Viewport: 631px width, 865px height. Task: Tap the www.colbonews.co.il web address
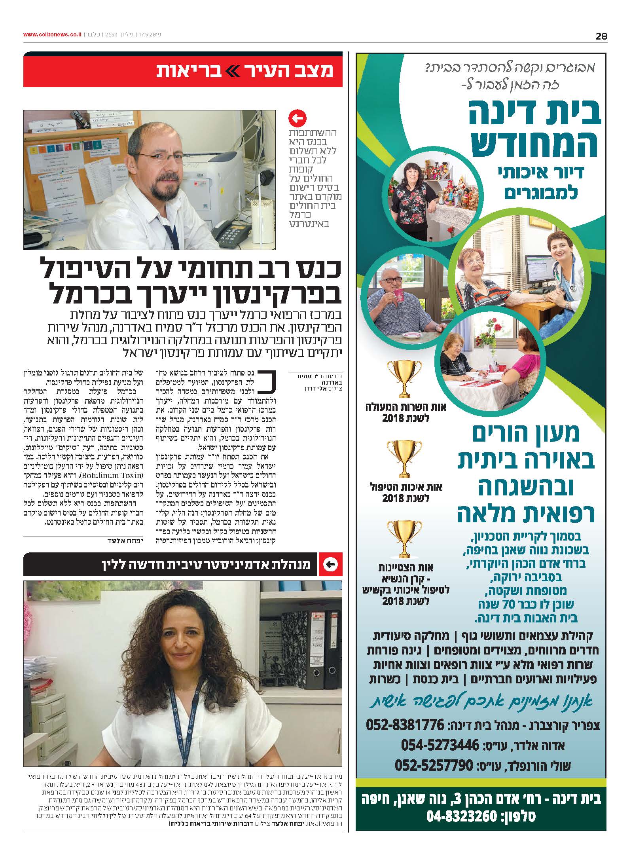point(52,35)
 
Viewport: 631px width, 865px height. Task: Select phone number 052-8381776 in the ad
point(406,725)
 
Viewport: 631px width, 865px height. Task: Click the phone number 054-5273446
point(440,745)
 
